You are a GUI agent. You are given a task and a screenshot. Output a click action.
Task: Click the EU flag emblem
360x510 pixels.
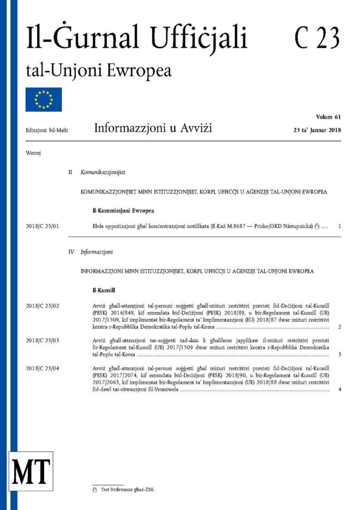pyautogui.click(x=44, y=99)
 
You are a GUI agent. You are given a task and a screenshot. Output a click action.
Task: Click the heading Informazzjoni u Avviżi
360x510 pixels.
pyautogui.click(x=153, y=128)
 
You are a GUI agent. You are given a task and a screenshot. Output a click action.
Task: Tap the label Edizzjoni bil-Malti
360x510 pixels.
pyautogui.click(x=47, y=130)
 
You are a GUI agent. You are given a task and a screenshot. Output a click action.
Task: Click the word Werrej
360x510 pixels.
pyautogui.click(x=33, y=153)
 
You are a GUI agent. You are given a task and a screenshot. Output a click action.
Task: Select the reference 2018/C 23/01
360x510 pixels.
pyautogui.click(x=44, y=227)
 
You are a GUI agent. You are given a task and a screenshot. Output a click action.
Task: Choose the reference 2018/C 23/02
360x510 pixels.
pyautogui.click(x=44, y=306)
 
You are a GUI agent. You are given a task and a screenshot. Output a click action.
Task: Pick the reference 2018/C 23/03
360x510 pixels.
pyautogui.click(x=44, y=340)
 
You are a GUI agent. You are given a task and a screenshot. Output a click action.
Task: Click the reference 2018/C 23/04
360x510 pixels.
pyautogui.click(x=44, y=369)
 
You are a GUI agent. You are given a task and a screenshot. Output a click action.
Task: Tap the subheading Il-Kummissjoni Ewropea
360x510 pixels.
pyautogui.click(x=123, y=210)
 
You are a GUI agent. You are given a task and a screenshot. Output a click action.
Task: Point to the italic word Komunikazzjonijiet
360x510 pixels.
pyautogui.click(x=103, y=173)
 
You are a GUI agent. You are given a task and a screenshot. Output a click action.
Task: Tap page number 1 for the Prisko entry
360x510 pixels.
pyautogui.click(x=339, y=227)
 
